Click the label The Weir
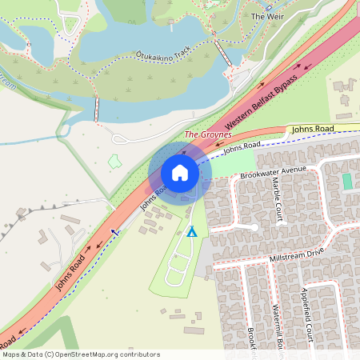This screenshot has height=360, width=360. point(268,16)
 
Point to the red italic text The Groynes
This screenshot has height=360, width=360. point(208,135)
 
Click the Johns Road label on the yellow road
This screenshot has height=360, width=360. point(311,129)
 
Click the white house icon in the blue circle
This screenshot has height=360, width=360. point(180,173)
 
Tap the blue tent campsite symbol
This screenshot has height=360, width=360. point(192,232)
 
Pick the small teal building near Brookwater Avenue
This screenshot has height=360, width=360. point(347,182)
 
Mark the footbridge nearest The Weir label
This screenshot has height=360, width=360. point(221,53)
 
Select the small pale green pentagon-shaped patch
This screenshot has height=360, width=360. point(114,162)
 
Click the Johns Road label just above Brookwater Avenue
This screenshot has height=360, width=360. point(242,147)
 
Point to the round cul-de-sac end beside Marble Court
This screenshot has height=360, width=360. point(255,226)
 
